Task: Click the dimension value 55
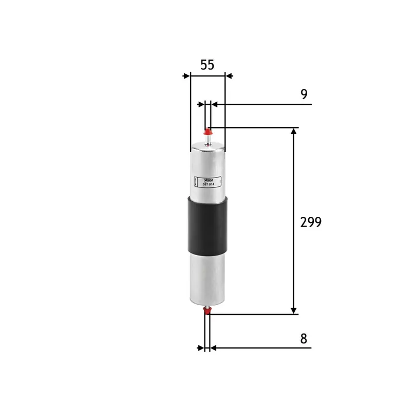(x=207, y=65)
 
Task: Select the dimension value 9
(x=304, y=94)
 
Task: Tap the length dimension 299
(x=311, y=222)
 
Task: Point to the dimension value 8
(x=304, y=339)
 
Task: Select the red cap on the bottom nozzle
(x=208, y=310)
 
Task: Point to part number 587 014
(x=209, y=184)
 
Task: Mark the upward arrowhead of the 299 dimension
(x=294, y=132)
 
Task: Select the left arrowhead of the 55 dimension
(x=186, y=76)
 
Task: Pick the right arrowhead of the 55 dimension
(x=229, y=76)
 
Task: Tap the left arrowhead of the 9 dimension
(x=201, y=104)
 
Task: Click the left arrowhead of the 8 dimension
(x=201, y=348)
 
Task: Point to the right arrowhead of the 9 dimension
(x=214, y=104)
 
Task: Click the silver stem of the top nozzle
(x=208, y=139)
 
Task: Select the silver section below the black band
(x=208, y=279)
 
